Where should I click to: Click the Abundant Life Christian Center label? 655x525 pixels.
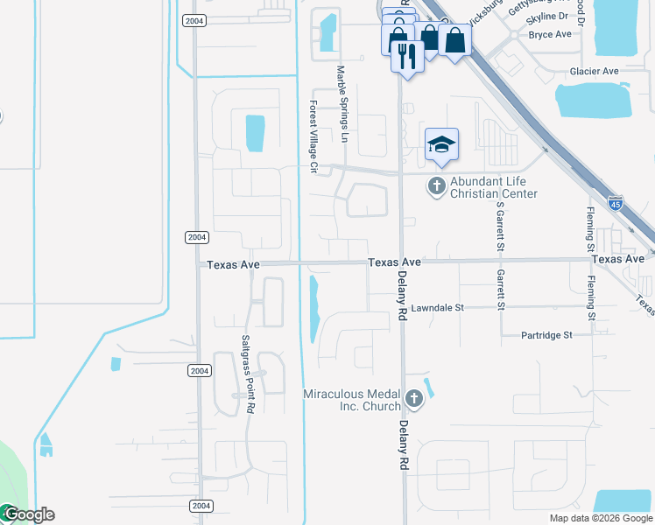[493, 188]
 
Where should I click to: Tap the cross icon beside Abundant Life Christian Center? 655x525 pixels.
[436, 185]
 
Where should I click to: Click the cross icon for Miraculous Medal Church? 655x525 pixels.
[414, 401]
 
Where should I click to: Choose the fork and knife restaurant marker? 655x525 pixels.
[407, 56]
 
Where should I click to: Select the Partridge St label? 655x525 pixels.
[546, 335]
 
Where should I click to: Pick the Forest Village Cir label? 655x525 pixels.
[311, 136]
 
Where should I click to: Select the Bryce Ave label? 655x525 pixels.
[550, 34]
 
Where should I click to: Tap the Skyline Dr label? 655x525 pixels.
[548, 17]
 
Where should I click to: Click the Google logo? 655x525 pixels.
[28, 514]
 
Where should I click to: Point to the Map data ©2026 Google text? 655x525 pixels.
[601, 518]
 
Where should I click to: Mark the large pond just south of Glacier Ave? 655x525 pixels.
[594, 101]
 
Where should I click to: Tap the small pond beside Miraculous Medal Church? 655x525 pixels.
[428, 386]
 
